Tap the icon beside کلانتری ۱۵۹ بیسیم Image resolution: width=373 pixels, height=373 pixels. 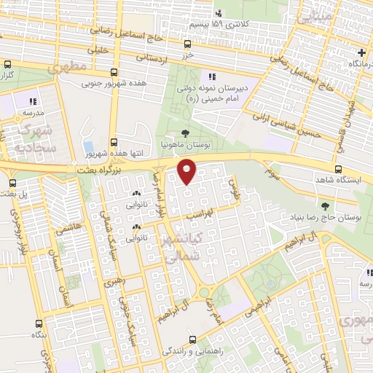pos(219,12)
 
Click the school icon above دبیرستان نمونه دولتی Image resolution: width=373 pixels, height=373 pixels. pos(211,76)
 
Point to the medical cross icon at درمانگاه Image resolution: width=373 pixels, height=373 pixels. pos(362,53)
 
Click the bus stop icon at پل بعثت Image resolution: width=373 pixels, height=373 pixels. pos(12,182)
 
